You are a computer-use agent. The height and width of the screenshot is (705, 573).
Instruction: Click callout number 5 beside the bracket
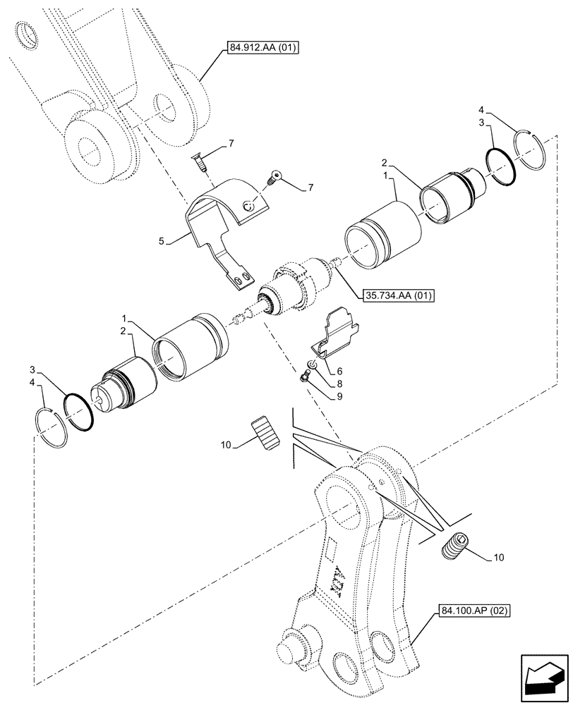click(162, 241)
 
